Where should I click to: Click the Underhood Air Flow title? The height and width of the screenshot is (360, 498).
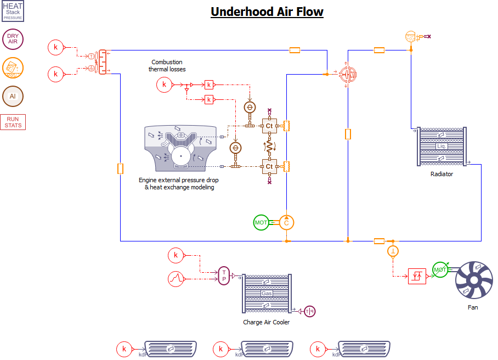pyautogui.click(x=267, y=12)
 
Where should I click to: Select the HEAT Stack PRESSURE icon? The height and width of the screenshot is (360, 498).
pyautogui.click(x=13, y=11)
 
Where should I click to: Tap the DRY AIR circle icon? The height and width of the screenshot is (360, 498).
pyautogui.click(x=13, y=39)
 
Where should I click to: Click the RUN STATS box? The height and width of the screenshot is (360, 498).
pyautogui.click(x=13, y=122)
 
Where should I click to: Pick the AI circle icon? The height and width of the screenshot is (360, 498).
pyautogui.click(x=13, y=96)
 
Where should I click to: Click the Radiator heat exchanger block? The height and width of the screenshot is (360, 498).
pyautogui.click(x=442, y=147)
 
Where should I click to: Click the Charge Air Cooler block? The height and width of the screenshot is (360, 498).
pyautogui.click(x=267, y=294)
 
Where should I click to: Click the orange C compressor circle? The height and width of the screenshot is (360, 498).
pyautogui.click(x=286, y=223)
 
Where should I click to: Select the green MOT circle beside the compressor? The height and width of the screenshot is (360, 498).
pyautogui.click(x=262, y=223)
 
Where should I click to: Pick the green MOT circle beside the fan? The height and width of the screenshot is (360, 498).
pyautogui.click(x=440, y=269)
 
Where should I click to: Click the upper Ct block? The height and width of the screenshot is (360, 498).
pyautogui.click(x=269, y=126)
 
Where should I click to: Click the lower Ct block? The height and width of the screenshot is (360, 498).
pyautogui.click(x=269, y=166)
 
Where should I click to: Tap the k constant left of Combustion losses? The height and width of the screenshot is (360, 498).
pyautogui.click(x=163, y=85)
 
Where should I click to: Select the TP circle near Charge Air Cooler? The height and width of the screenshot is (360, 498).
pyautogui.click(x=224, y=276)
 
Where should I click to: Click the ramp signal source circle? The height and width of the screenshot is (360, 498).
pyautogui.click(x=176, y=279)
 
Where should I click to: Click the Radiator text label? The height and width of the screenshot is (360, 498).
pyautogui.click(x=442, y=174)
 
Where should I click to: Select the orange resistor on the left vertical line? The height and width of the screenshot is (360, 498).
pyautogui.click(x=120, y=169)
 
